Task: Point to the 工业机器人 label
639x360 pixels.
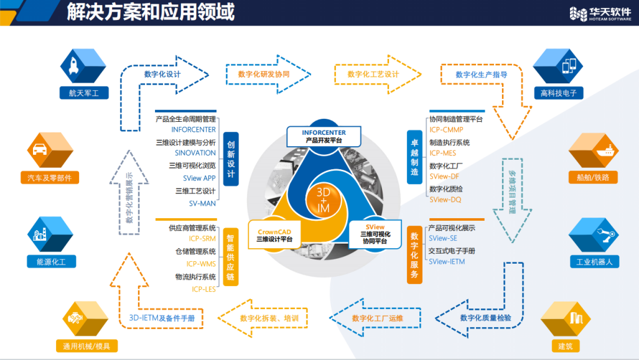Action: click(x=594, y=262)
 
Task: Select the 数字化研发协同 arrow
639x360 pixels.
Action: click(x=268, y=75)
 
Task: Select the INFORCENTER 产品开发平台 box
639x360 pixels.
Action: click(x=324, y=136)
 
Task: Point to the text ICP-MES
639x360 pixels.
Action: click(x=442, y=153)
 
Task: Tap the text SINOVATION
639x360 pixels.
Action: click(x=195, y=153)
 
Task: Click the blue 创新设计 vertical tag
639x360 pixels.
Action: click(x=231, y=156)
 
